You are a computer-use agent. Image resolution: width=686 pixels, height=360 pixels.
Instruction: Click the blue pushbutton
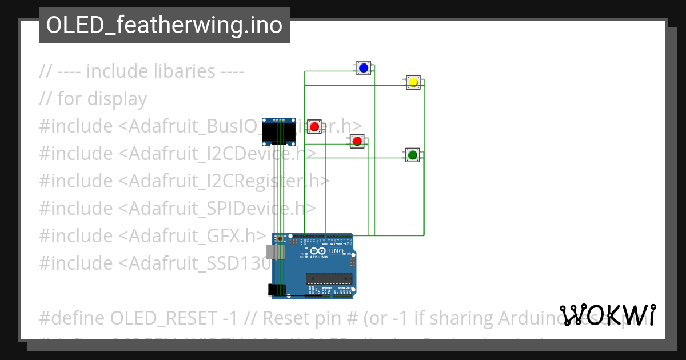(x=363, y=68)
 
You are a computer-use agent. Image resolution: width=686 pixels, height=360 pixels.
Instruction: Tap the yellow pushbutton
(x=413, y=82)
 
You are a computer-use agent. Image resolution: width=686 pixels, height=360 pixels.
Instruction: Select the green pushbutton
(x=412, y=154)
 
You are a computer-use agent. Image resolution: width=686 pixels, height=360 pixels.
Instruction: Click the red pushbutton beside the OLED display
(x=314, y=126)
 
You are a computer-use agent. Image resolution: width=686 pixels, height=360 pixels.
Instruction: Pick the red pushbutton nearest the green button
(x=357, y=141)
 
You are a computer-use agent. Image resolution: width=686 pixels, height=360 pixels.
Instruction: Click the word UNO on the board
(x=336, y=251)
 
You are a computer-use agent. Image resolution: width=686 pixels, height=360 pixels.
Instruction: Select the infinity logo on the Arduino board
(x=314, y=250)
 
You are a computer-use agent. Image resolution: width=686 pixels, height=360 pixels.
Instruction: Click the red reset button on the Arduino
(x=280, y=238)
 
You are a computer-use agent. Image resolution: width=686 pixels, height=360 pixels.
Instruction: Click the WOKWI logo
(x=608, y=315)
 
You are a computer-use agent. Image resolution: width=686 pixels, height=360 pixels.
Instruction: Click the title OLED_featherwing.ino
(x=164, y=25)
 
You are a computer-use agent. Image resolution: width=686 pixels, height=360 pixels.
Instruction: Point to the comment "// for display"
(x=93, y=99)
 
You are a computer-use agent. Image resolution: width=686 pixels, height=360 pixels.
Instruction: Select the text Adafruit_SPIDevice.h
(x=217, y=208)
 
